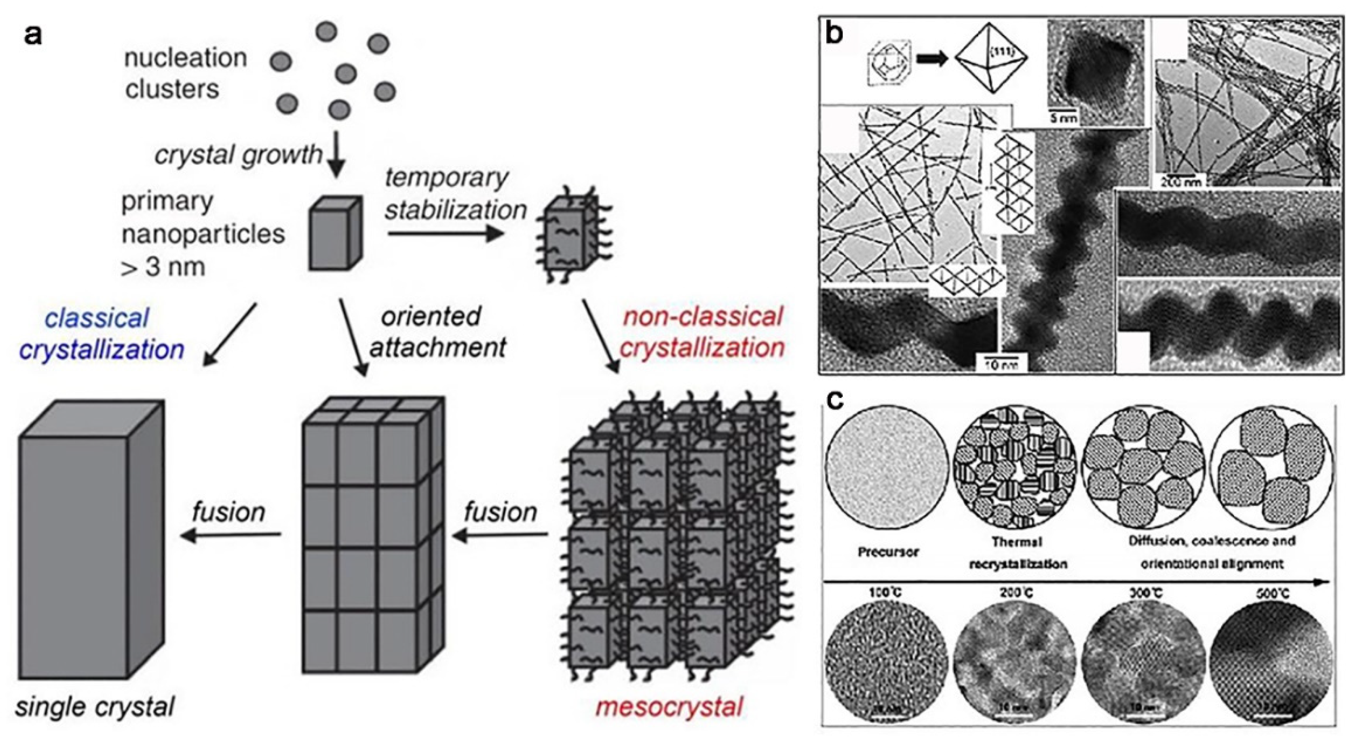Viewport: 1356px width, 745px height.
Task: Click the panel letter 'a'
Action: click(x=33, y=36)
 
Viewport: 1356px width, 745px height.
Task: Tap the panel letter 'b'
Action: click(x=835, y=33)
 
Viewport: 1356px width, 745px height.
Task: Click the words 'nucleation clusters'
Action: click(x=185, y=73)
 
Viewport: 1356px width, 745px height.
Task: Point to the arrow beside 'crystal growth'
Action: click(x=337, y=157)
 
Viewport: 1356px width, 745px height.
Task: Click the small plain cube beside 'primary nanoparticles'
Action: click(x=335, y=233)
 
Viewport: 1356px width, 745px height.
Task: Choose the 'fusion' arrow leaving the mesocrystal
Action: click(x=500, y=536)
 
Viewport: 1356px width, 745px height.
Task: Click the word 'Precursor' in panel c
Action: click(x=888, y=552)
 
